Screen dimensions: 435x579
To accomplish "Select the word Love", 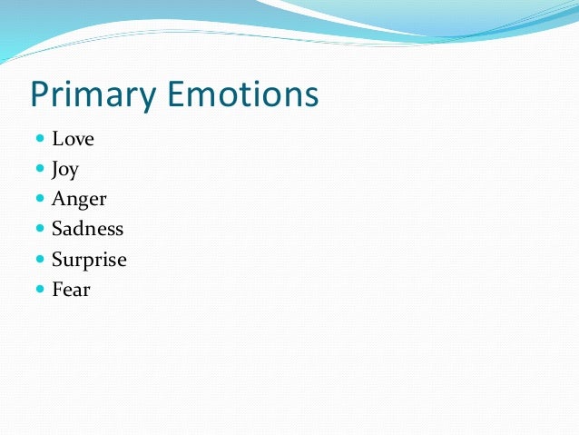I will (73, 139).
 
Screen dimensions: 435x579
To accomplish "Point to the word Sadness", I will (87, 229).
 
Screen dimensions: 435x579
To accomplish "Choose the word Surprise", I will (89, 260).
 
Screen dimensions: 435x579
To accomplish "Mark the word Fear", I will (71, 290).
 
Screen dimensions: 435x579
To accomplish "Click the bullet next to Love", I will (39, 140).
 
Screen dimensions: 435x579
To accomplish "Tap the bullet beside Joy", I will (39, 170).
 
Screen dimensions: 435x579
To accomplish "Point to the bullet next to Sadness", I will (39, 230).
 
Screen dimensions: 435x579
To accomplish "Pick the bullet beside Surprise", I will (39, 260).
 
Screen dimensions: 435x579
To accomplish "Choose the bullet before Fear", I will (39, 290).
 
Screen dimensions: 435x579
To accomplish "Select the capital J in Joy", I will (56, 170).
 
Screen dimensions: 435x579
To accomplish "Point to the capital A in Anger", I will (59, 199).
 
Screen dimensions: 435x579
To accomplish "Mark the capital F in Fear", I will (57, 290).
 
